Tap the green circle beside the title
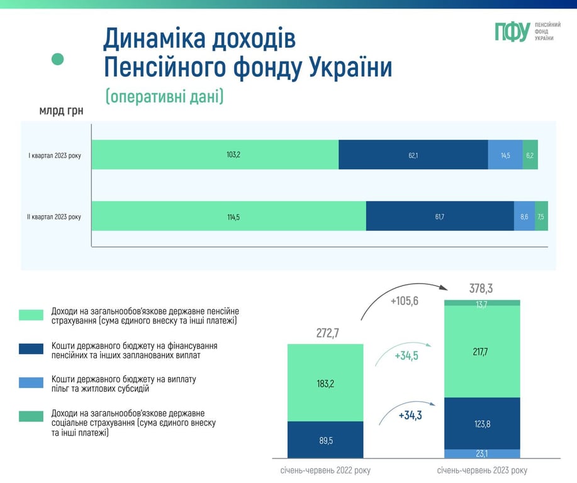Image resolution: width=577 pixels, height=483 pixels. (58, 59)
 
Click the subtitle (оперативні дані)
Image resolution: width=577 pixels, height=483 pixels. (164, 96)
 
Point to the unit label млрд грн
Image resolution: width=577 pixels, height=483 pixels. (61, 112)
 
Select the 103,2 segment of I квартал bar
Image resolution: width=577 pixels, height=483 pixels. (215, 155)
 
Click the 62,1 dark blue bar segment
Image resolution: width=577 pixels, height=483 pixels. (413, 155)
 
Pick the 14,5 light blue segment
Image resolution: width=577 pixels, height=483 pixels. (505, 155)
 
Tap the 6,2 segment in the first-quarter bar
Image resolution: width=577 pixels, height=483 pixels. (530, 155)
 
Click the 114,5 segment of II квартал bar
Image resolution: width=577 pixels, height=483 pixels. (228, 216)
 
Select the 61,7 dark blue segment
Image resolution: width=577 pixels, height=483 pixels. (439, 216)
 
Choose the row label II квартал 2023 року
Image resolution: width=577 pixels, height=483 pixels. (54, 217)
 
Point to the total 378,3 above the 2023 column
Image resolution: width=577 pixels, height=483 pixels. (481, 289)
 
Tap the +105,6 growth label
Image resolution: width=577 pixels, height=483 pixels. (404, 301)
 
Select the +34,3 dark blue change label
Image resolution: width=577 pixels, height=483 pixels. (410, 416)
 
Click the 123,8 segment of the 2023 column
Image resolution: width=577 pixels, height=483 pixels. (482, 423)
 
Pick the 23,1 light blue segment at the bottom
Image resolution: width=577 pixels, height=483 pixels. (482, 453)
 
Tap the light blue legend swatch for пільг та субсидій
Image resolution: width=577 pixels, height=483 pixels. (31, 382)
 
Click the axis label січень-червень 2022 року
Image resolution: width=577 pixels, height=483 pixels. (325, 470)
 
